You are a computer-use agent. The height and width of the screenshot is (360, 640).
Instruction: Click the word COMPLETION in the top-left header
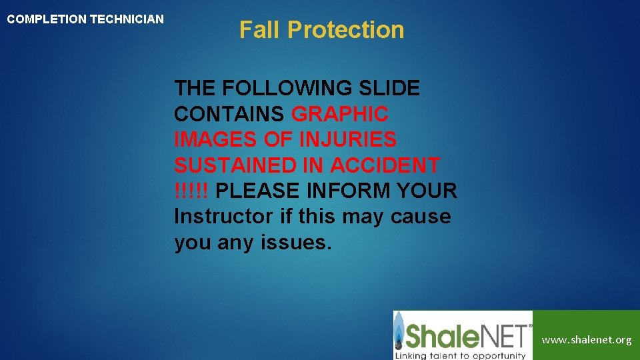coord(47,19)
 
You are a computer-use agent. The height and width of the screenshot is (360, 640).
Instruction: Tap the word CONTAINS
coord(229,114)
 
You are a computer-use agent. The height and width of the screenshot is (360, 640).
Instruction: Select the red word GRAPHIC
coord(340,114)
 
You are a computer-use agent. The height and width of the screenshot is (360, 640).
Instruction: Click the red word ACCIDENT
coord(385,165)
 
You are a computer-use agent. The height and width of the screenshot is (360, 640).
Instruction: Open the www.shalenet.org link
coord(586,340)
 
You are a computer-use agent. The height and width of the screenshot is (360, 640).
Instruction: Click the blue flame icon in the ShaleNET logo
coord(400,334)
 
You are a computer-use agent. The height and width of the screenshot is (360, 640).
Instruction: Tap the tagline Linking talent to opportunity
coord(460,354)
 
